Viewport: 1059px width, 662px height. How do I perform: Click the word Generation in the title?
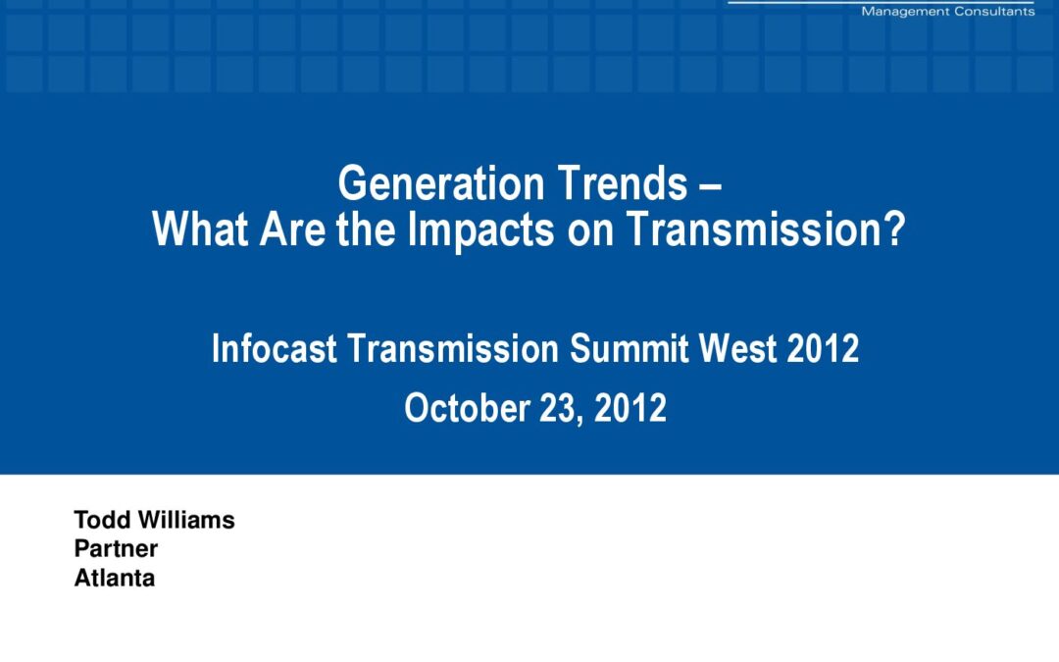pos(441,183)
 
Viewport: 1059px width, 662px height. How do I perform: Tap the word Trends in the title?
pos(623,183)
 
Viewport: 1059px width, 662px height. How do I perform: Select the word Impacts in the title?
pos(481,230)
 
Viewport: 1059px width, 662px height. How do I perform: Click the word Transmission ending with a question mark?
pos(766,229)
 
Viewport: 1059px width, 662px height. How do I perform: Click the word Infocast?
pos(275,348)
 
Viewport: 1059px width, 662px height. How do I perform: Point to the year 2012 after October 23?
pos(630,408)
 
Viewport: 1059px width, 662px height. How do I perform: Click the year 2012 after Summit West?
pos(823,348)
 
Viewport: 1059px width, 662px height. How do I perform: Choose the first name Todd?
pos(102,520)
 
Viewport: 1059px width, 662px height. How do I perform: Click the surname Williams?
pos(186,520)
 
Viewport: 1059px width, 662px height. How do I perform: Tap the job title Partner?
pos(116,548)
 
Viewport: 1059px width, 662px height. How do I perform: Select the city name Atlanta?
pos(114,579)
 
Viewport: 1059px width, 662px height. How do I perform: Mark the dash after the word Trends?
pos(711,185)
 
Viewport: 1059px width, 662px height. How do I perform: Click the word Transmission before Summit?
pos(453,348)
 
